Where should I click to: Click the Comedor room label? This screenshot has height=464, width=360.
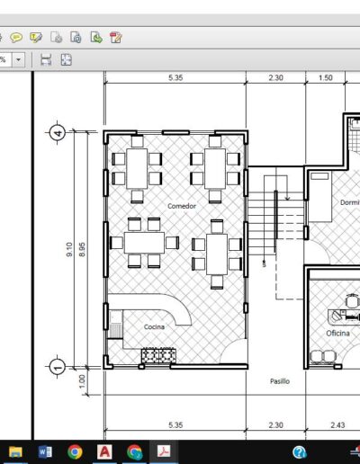coord(182,206)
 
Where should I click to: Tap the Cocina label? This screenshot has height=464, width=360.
coord(154,326)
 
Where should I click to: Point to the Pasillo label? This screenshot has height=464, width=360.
coord(280,381)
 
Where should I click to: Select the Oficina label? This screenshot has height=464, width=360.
coord(337,334)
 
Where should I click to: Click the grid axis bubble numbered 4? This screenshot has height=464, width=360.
coord(58,132)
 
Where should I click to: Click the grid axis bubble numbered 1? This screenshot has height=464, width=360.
coord(58,366)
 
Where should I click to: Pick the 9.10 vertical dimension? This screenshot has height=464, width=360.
coord(69,249)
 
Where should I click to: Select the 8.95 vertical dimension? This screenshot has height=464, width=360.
coord(82,249)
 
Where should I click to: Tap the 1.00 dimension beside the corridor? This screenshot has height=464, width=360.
coord(82,381)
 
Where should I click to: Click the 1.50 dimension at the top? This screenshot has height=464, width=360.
coord(326,78)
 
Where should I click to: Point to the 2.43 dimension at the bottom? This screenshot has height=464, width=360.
coord(337,425)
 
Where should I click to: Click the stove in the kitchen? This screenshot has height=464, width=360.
coord(158,355)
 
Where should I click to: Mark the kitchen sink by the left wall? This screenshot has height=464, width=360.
coord(115,325)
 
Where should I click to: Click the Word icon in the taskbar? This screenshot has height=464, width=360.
coord(45,451)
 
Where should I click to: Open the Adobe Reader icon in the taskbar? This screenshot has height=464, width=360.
coord(164,451)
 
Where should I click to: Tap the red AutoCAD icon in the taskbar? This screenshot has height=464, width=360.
coord(104,451)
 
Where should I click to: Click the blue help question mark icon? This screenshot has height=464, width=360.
coord(300,452)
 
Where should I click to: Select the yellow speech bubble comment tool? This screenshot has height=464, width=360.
coord(16,38)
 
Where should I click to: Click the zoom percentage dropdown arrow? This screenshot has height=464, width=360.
coord(18,59)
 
